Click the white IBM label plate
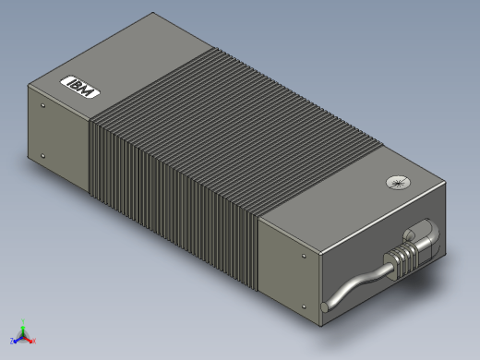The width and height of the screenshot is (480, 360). (80, 87)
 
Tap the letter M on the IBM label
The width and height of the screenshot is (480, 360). (87, 91)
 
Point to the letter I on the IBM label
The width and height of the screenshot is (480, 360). (69, 81)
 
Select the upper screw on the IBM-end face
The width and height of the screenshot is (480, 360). (42, 105)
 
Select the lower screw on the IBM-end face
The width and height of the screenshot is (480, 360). (42, 156)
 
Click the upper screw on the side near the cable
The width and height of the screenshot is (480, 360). (304, 256)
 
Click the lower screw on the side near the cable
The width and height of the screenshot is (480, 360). (304, 306)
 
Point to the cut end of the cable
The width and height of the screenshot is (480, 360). (324, 307)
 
